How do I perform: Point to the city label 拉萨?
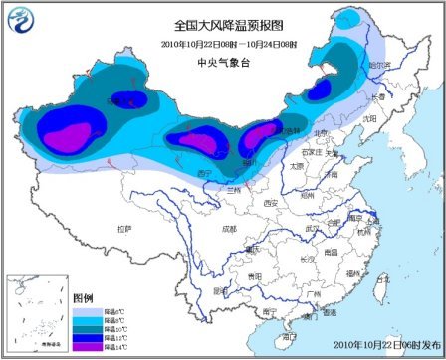[x=123, y=229]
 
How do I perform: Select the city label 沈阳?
[x=370, y=117]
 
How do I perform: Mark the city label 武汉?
[x=316, y=229]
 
